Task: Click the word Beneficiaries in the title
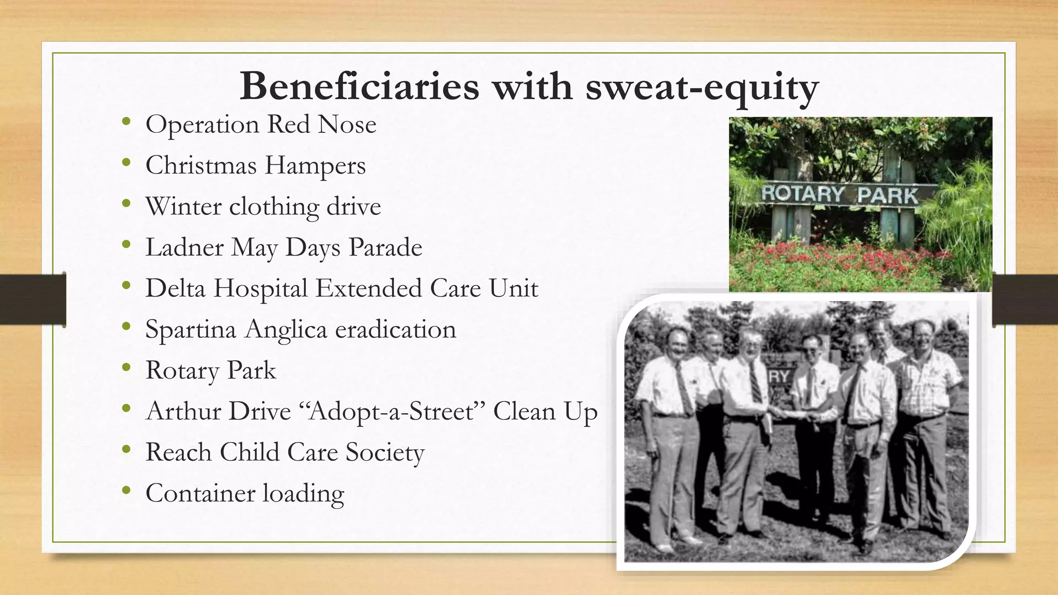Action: [x=359, y=87]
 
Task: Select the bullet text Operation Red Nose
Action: [x=261, y=124]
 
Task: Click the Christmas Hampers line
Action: [x=255, y=166]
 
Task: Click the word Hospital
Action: [x=260, y=288]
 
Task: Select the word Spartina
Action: [x=190, y=330]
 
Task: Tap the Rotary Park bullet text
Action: [x=211, y=370]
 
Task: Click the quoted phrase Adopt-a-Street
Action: [x=393, y=412]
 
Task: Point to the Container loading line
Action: [x=244, y=493]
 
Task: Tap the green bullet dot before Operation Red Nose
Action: [x=126, y=122]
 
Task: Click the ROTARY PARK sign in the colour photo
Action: [x=839, y=195]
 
